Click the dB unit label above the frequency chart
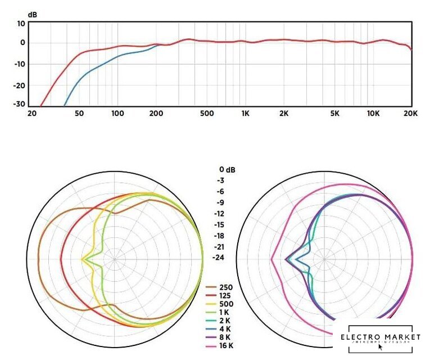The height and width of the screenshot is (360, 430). click(32, 15)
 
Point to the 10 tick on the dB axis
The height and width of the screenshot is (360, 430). click(21, 24)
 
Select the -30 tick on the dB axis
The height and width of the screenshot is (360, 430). click(20, 104)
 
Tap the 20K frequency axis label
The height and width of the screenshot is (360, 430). click(411, 114)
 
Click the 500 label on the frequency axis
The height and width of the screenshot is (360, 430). click(207, 114)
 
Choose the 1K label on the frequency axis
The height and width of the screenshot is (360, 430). click(245, 114)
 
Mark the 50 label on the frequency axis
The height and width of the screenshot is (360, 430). click(79, 114)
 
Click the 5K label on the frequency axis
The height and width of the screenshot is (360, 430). click(334, 114)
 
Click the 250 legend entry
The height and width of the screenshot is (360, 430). click(227, 287)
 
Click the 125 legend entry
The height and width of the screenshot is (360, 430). click(227, 296)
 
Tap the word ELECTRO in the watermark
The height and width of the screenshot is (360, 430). click(360, 337)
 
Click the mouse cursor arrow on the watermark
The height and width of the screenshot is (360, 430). click(381, 347)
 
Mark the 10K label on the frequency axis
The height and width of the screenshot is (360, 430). click(373, 114)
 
